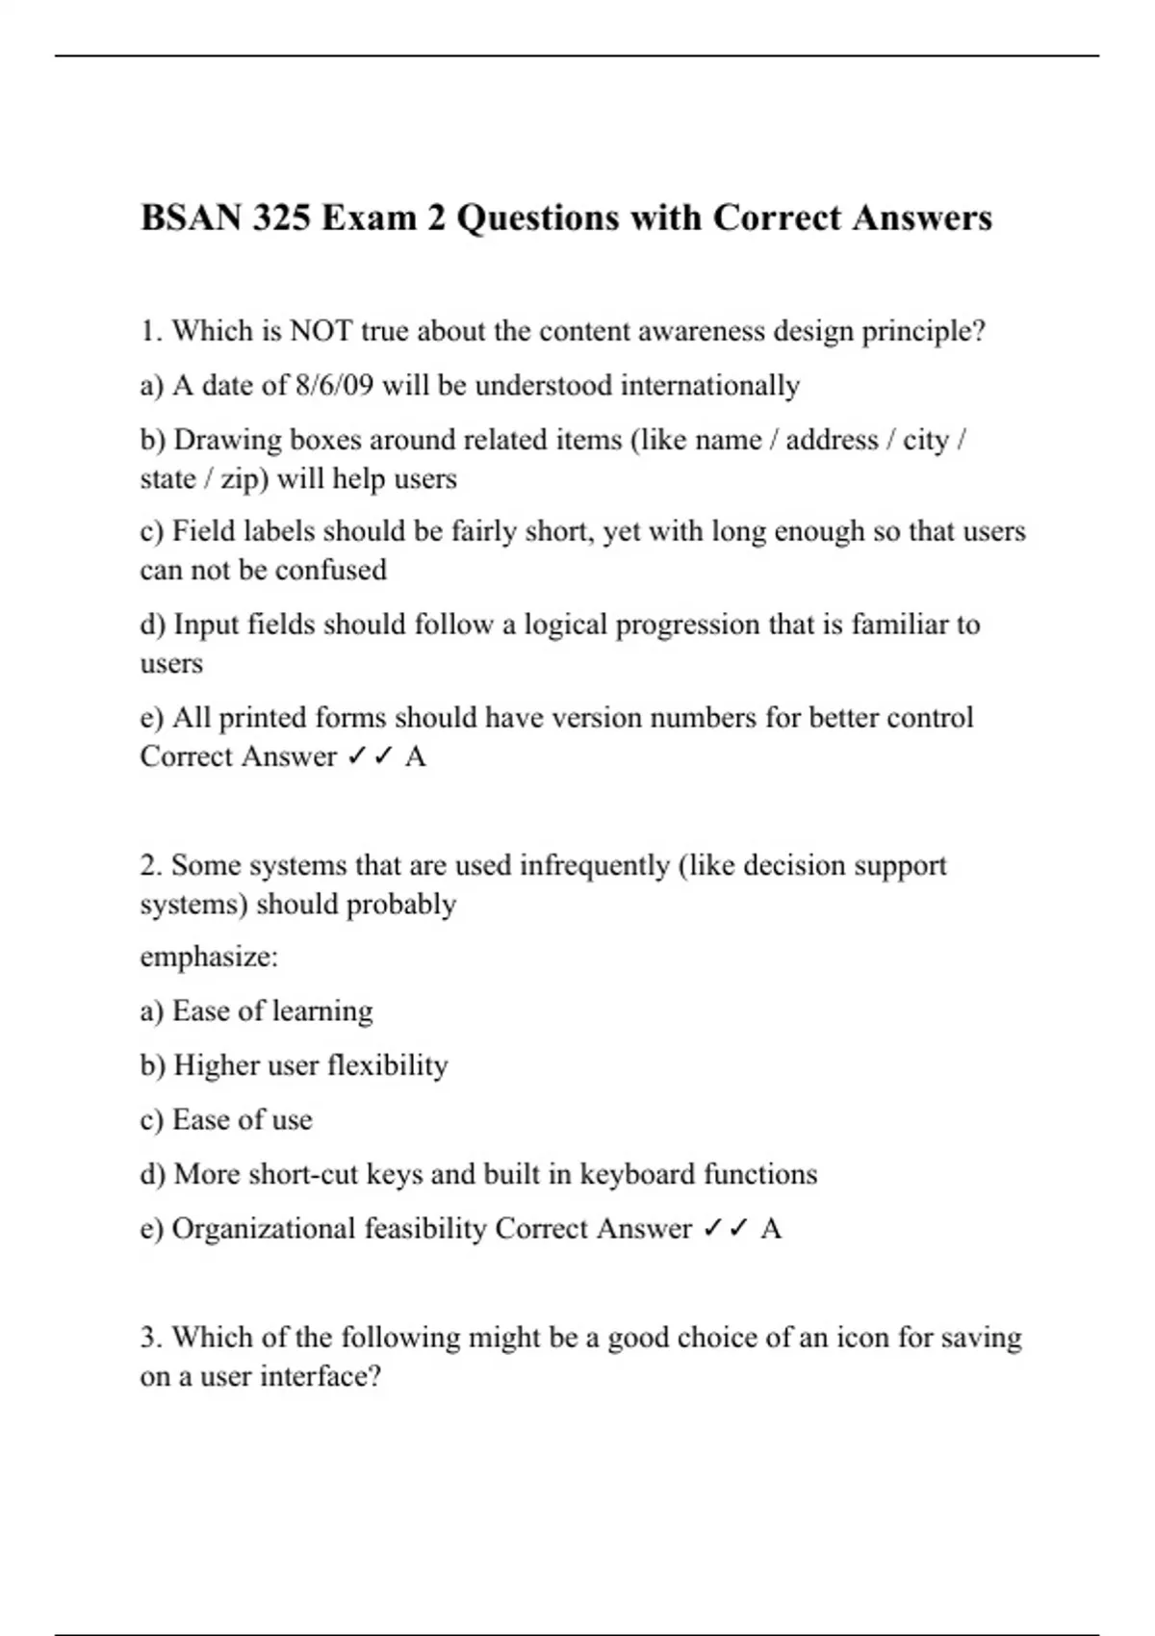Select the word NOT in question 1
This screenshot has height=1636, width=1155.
point(321,331)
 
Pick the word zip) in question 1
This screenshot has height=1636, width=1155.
point(244,479)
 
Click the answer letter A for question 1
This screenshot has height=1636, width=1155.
point(416,757)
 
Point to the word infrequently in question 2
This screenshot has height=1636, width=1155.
point(594,866)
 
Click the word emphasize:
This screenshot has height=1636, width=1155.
point(209,958)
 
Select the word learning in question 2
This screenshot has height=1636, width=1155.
point(322,1011)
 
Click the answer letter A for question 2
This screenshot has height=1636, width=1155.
point(771,1229)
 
